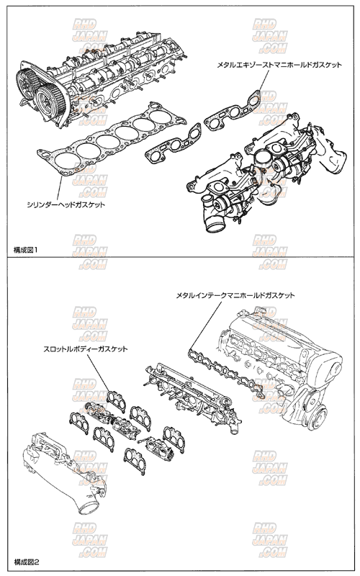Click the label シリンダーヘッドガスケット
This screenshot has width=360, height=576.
coord(66,204)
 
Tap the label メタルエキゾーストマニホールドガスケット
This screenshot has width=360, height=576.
coord(279,65)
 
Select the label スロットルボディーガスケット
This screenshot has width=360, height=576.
coord(85,348)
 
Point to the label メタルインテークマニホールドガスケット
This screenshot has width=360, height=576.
coord(235,295)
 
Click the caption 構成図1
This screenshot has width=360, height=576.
coord(26,250)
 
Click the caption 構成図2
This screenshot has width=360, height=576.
coord(27,562)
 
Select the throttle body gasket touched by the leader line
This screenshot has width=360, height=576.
coord(116,401)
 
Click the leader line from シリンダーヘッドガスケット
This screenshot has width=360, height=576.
coord(58,187)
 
